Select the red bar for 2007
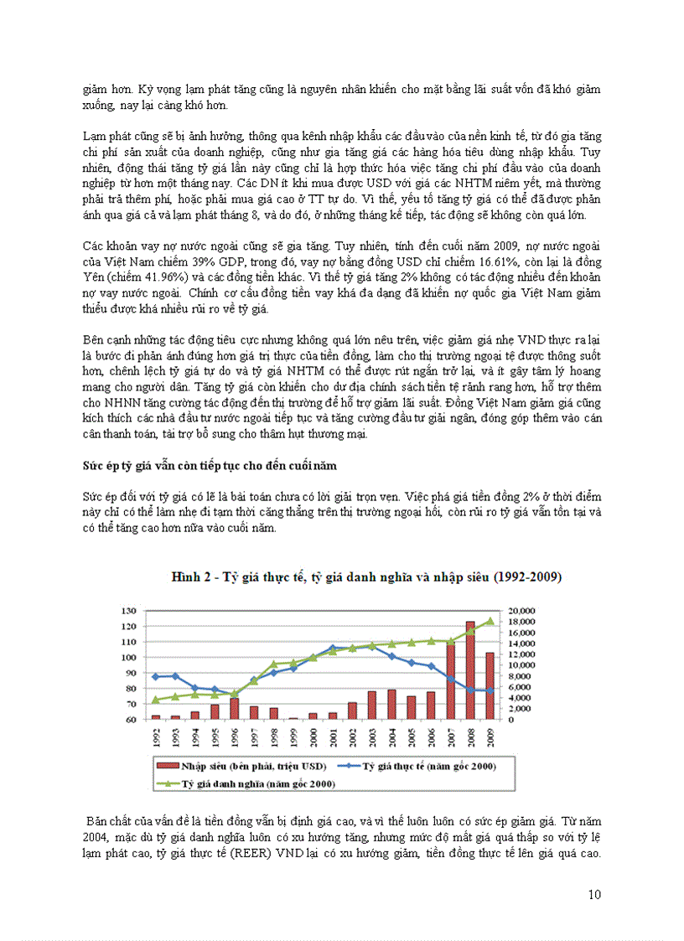450,681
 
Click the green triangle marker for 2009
490,621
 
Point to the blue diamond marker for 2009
490,690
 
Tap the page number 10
594,895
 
